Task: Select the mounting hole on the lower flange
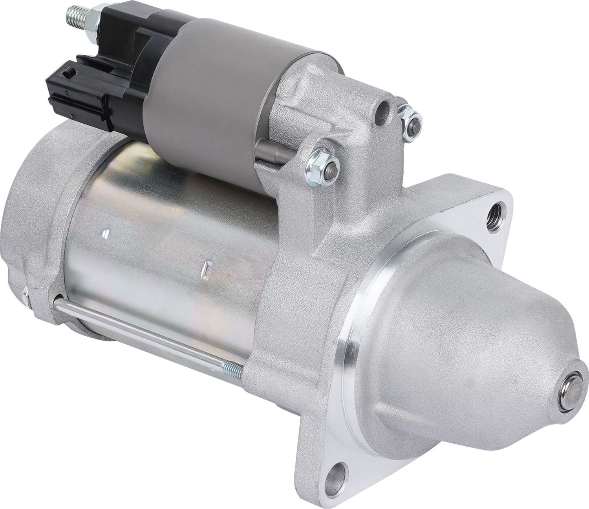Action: (x=340, y=471)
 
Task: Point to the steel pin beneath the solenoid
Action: (x=271, y=151)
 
